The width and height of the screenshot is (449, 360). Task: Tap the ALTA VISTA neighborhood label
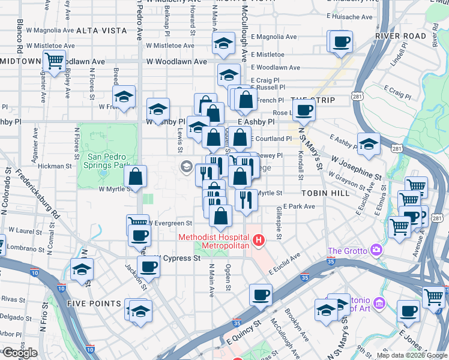click(101, 30)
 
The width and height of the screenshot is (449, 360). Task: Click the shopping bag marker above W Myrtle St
click(136, 177)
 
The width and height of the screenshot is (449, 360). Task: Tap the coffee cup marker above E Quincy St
click(261, 295)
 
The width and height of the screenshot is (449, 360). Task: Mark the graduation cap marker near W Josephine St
click(369, 144)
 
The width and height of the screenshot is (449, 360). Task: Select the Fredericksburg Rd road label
click(39, 198)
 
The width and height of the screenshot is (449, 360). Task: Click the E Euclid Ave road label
click(284, 264)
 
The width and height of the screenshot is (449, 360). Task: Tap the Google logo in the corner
click(20, 353)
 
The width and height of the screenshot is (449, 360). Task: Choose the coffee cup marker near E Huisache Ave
click(341, 42)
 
